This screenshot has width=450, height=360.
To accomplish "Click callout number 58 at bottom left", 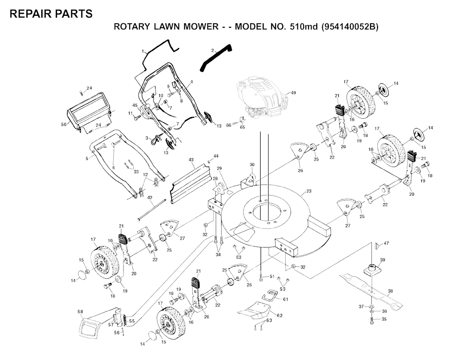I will [80, 312].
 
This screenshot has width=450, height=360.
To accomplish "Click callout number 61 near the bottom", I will [285, 299].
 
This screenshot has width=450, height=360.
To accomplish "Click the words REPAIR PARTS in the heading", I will [51, 14].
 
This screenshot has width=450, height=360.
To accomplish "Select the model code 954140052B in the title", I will [349, 26].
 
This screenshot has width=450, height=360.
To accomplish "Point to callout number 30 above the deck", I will [252, 165].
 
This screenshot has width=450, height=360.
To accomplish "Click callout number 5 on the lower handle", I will [87, 159].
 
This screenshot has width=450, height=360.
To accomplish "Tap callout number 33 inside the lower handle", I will [136, 171].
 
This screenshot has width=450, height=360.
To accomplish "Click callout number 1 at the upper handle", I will [143, 51].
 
